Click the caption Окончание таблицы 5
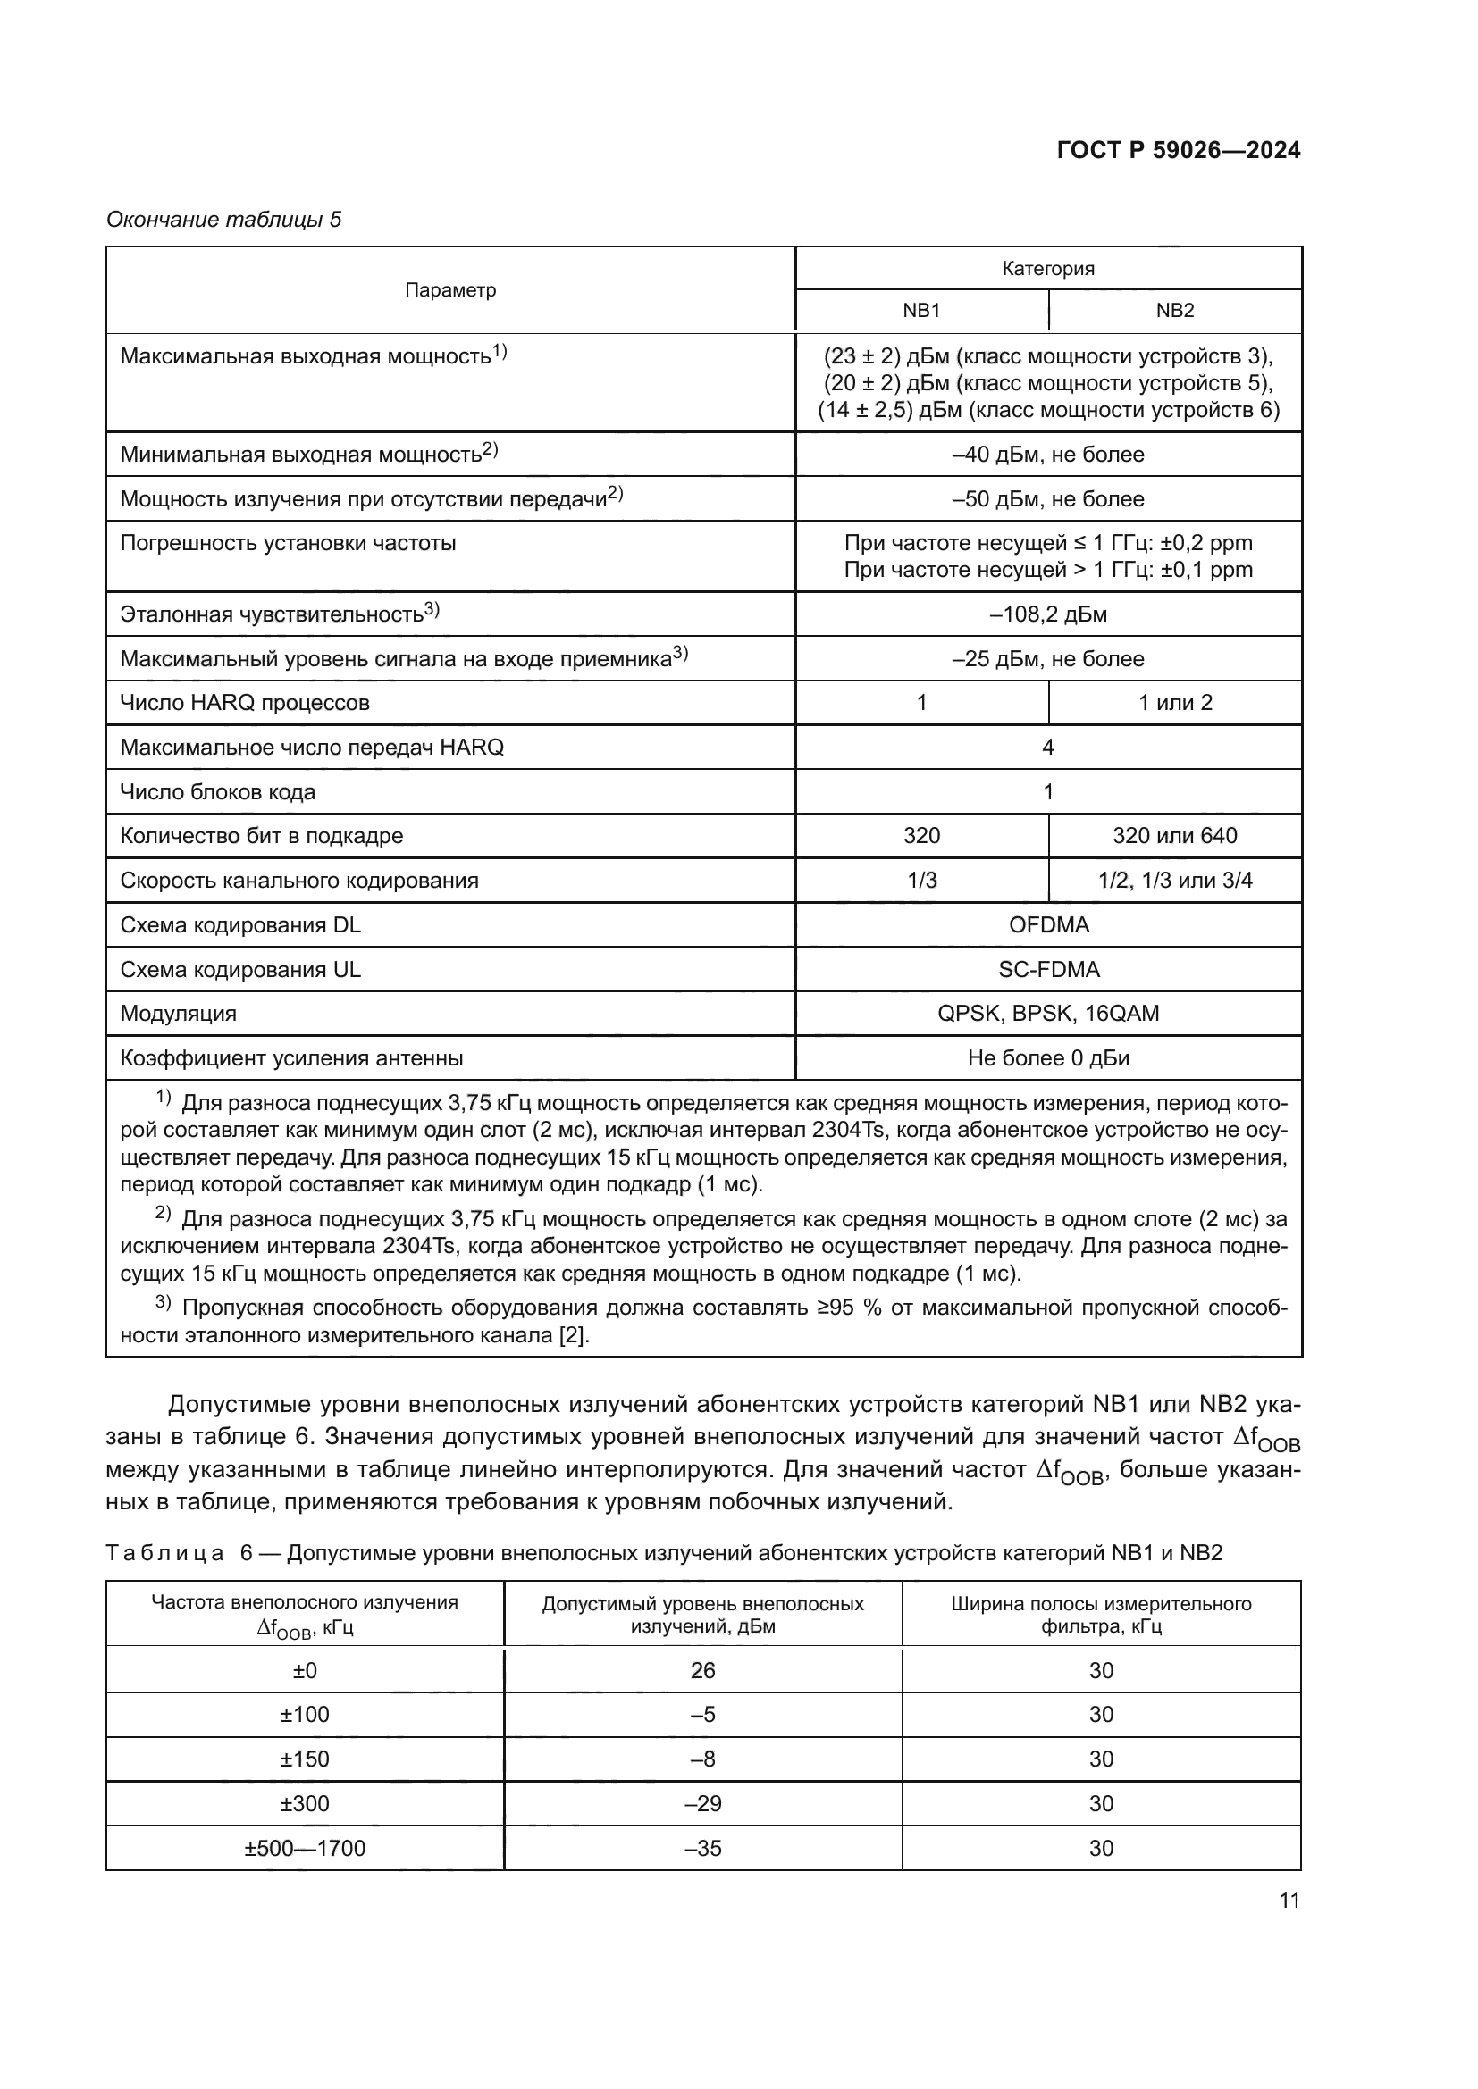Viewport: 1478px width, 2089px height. (x=224, y=220)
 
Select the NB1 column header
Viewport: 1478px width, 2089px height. (x=921, y=310)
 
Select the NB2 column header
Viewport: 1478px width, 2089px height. (x=1174, y=310)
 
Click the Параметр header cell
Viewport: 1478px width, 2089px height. (x=450, y=289)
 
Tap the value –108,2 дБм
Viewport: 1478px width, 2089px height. (x=1047, y=614)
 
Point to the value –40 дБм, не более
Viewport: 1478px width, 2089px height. (x=1047, y=454)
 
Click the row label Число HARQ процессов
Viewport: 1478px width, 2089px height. (x=245, y=702)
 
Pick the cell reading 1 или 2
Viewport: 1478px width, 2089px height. (x=1174, y=702)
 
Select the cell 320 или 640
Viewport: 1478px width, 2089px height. (x=1174, y=835)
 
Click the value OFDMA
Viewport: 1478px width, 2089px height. (x=1047, y=924)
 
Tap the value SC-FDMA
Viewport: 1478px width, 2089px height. (x=1047, y=969)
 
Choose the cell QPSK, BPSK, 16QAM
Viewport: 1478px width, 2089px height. (x=1047, y=1014)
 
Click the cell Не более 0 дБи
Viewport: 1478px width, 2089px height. (x=1047, y=1058)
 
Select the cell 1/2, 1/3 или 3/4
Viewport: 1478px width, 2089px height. (x=1174, y=880)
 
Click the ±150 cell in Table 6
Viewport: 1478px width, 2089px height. (x=305, y=1759)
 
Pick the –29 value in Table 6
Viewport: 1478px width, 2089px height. (x=702, y=1803)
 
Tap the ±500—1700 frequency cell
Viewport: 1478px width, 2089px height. (x=305, y=1848)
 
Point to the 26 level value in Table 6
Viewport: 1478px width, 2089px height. (x=702, y=1670)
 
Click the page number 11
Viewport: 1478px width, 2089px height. (x=1289, y=1900)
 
